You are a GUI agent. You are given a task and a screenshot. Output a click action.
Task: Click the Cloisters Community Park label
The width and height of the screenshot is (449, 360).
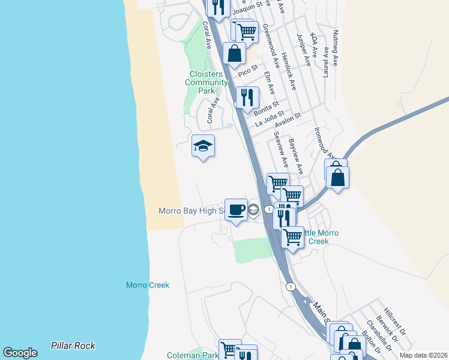click(206, 82)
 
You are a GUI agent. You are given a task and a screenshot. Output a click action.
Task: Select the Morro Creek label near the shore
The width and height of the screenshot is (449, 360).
click(148, 285)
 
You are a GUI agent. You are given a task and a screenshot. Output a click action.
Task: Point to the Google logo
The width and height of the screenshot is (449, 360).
click(20, 353)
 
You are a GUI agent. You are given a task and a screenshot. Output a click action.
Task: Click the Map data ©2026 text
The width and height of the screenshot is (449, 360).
click(424, 355)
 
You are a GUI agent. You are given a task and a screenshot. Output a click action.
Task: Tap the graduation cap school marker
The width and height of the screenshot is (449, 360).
click(203, 146)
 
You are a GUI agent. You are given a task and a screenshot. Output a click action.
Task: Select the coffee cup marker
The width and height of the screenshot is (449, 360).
click(237, 209)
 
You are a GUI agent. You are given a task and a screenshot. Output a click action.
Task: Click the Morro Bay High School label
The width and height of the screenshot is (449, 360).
click(191, 211)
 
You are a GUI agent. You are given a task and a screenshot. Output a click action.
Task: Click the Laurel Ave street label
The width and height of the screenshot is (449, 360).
click(326, 62)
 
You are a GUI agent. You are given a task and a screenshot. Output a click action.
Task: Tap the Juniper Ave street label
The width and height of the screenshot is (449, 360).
click(304, 49)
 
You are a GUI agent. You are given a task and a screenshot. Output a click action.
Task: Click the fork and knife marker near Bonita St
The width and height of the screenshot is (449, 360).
click(247, 97)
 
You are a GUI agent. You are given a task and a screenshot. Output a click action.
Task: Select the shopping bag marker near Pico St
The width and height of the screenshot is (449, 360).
click(234, 53)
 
